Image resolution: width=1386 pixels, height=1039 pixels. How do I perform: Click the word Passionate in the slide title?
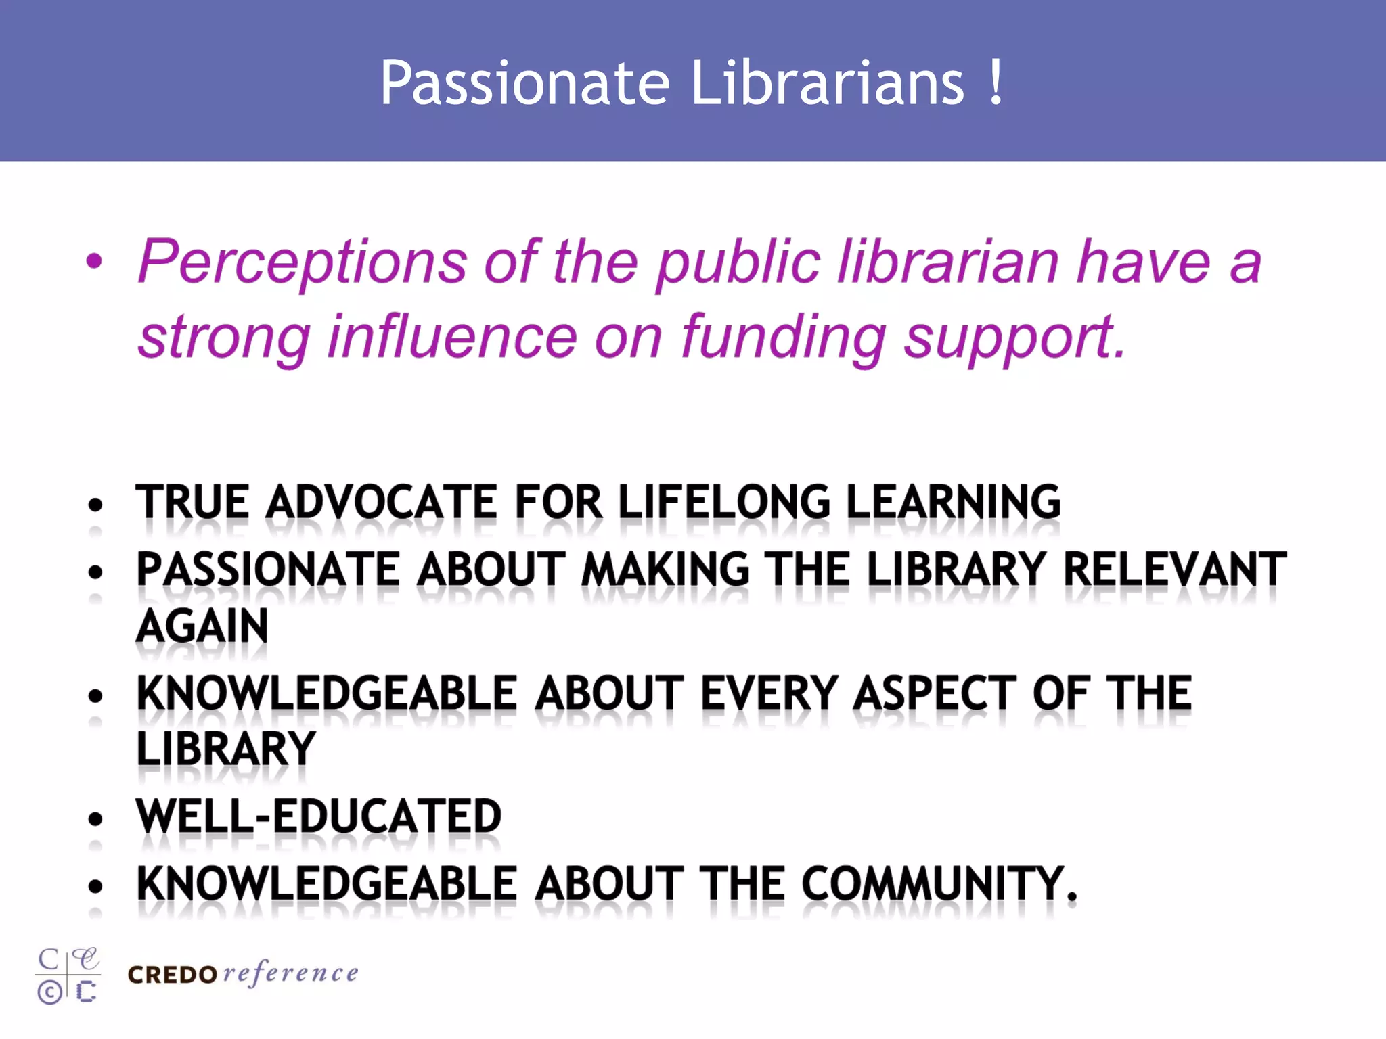(x=524, y=84)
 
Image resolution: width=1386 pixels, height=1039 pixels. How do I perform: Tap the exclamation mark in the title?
(x=995, y=83)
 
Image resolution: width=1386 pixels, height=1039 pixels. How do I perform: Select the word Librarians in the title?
(x=827, y=83)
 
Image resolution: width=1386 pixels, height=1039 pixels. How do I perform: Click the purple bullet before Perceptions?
(x=95, y=261)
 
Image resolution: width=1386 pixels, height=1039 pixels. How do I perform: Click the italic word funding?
(x=783, y=338)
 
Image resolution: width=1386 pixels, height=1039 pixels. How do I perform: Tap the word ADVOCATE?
(x=382, y=503)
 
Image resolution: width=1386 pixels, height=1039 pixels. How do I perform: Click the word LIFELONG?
(x=724, y=503)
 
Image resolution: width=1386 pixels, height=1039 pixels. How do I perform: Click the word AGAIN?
(x=202, y=626)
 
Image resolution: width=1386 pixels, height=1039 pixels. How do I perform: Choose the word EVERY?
(x=769, y=694)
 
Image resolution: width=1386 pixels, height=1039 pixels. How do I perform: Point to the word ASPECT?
(x=935, y=694)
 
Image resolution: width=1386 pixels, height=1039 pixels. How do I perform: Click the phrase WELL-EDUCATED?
(x=319, y=816)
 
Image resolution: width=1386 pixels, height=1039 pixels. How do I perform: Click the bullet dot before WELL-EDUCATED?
(x=95, y=819)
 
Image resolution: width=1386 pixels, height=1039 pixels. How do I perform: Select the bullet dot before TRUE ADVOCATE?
(x=95, y=505)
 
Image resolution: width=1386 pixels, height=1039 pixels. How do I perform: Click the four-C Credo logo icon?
(x=68, y=975)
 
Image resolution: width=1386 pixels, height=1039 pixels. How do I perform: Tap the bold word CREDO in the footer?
(x=172, y=975)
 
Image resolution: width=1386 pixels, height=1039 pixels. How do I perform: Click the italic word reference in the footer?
(x=290, y=973)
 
